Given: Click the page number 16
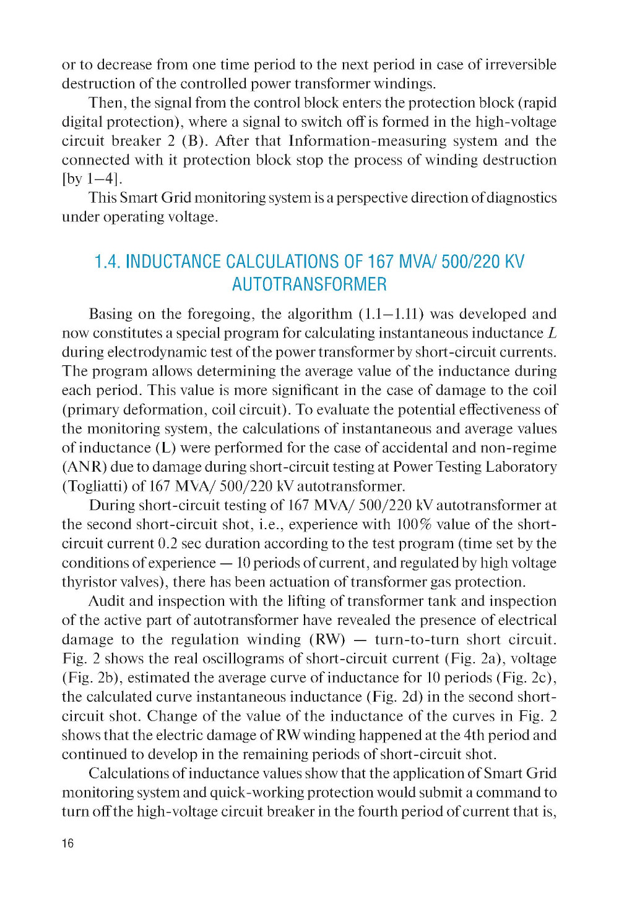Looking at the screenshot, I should (x=67, y=843).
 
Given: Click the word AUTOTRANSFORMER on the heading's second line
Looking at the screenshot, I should (x=309, y=284).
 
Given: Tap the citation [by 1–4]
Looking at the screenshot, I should (x=92, y=179).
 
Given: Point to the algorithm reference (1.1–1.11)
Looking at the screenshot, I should (x=391, y=314).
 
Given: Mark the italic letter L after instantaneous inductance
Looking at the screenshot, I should (x=552, y=333).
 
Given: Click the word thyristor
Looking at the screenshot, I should (x=87, y=582).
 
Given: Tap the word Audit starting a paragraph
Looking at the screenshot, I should (x=106, y=601).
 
